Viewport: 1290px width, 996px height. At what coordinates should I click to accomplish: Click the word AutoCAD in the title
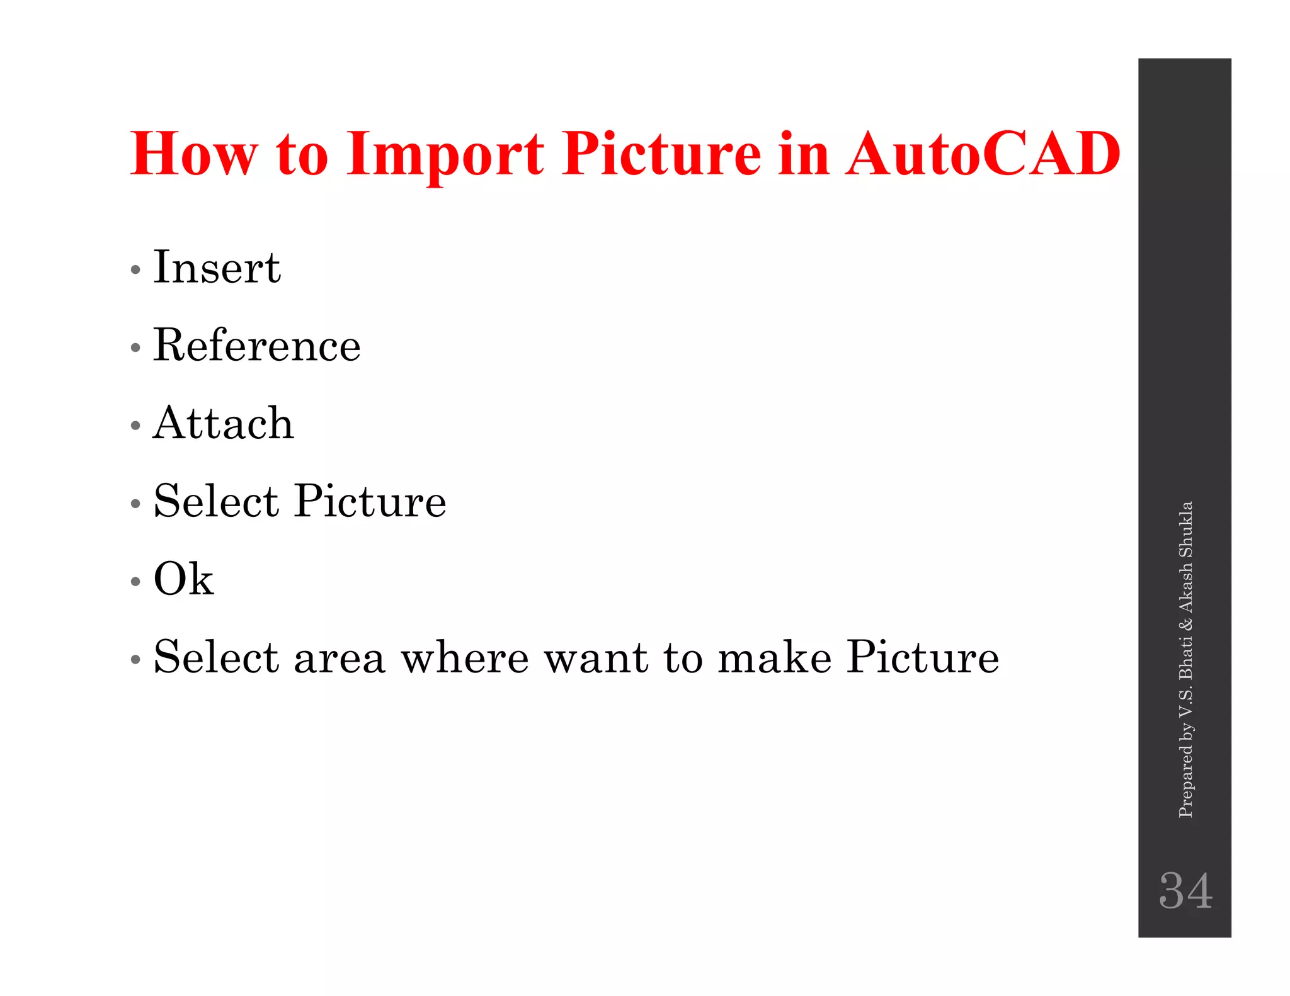983,154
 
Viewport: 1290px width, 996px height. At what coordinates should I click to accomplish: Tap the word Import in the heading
445,155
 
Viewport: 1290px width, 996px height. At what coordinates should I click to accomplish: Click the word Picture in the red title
662,154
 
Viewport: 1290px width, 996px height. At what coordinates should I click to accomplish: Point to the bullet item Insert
217,268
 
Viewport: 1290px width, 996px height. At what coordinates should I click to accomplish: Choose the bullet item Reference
256,346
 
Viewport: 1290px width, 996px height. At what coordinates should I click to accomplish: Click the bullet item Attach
224,423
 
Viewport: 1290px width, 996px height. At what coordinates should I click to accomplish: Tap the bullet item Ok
183,579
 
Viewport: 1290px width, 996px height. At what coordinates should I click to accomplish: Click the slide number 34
1185,890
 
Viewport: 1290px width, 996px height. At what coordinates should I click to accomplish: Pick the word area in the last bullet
339,658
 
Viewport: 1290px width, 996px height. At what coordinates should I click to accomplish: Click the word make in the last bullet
775,658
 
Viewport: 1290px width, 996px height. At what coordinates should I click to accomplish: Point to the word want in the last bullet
596,658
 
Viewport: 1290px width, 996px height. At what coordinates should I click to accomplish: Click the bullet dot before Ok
135,582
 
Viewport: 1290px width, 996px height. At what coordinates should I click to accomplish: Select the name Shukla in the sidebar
1185,529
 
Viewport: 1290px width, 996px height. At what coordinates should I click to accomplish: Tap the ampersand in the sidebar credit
1185,624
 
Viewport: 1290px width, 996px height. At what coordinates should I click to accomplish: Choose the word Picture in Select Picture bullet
370,502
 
